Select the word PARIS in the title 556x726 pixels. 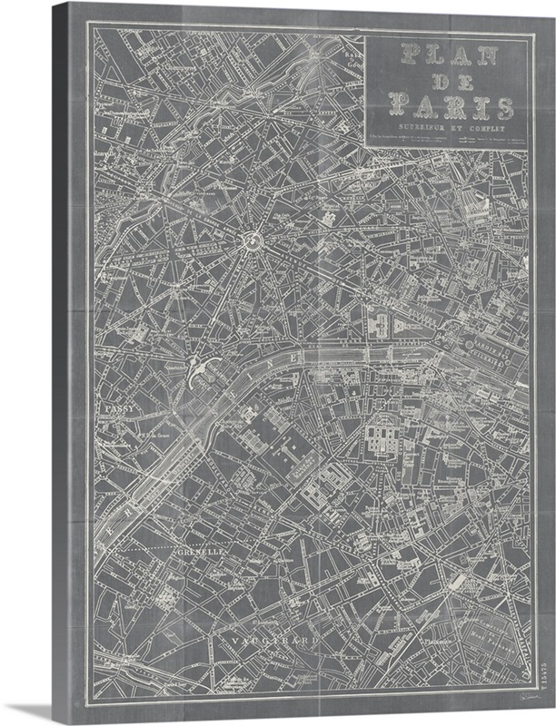click(451, 107)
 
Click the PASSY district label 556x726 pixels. click(119, 409)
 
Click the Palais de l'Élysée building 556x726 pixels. click(382, 322)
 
